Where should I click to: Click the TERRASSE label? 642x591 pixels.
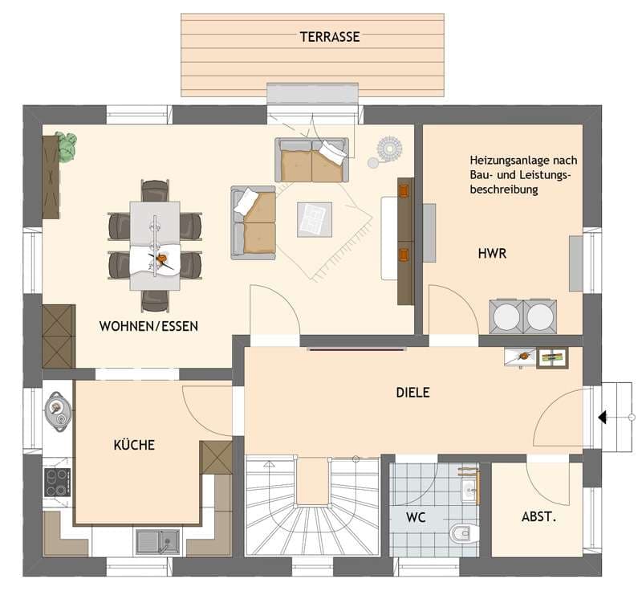point(330,37)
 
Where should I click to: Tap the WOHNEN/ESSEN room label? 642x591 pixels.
point(148,326)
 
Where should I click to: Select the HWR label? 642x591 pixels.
point(492,253)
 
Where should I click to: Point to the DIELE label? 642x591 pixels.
point(412,393)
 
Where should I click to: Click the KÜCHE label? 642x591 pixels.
point(134,444)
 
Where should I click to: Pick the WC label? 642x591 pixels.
point(416,517)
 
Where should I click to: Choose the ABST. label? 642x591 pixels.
point(538,516)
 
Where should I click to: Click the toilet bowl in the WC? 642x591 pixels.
point(464,533)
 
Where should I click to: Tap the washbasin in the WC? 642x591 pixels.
point(469,487)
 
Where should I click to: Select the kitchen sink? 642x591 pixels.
point(158,541)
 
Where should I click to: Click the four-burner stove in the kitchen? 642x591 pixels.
point(57,483)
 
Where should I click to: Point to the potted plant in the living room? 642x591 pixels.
point(67,146)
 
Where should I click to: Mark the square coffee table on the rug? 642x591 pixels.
point(315,220)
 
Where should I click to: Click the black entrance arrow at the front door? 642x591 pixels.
point(603,418)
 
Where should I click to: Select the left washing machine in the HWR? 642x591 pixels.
point(506,316)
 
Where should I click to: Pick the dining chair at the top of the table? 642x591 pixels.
point(155,190)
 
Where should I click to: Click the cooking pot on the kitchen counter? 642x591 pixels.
point(58,409)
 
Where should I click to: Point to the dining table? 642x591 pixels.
point(155,246)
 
